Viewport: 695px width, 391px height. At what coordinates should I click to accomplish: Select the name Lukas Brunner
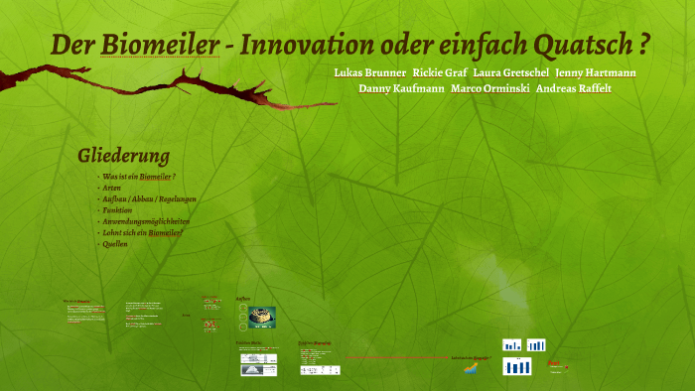369,73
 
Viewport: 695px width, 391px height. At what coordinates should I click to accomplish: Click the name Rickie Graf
440,73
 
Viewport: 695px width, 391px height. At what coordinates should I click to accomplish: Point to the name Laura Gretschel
511,73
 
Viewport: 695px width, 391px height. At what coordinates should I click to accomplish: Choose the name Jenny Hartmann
596,73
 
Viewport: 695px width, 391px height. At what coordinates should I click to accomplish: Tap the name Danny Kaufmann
401,88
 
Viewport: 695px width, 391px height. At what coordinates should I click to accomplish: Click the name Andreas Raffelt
574,88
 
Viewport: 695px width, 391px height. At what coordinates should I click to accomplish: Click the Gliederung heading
123,156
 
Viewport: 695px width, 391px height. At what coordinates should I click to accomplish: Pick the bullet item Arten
111,187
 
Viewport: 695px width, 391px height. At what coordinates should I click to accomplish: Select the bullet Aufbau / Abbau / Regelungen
149,198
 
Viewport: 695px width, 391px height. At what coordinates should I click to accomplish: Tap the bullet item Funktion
117,210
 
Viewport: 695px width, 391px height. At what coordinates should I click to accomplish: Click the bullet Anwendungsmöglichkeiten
145,221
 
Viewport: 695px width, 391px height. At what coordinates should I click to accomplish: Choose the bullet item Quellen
115,243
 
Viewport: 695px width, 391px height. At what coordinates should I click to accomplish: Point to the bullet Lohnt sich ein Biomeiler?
142,232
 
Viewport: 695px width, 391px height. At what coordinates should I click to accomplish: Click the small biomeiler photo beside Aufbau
263,316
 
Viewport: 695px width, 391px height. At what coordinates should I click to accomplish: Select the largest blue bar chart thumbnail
517,367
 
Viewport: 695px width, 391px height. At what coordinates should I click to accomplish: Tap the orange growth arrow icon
470,368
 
